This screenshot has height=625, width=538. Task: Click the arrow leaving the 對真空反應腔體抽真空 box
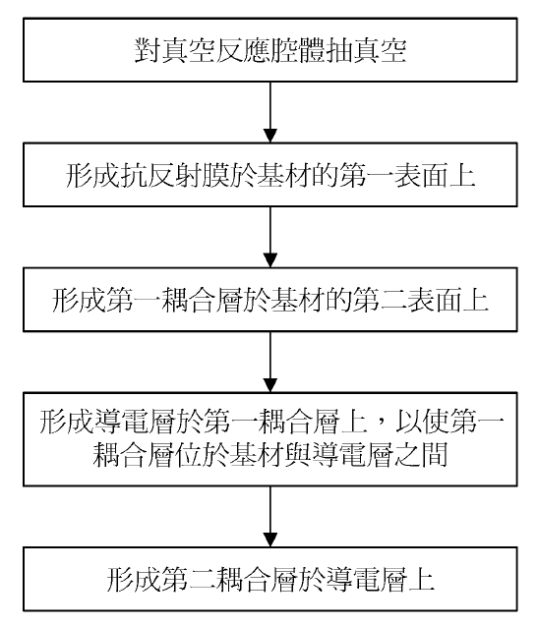(270, 112)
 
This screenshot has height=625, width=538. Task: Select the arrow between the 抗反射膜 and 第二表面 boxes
(270, 237)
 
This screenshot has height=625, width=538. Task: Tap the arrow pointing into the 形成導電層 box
(270, 362)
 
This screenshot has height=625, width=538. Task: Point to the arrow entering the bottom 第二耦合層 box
(270, 517)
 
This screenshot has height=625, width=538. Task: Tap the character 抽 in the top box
(337, 51)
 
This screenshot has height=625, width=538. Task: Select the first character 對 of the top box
(148, 51)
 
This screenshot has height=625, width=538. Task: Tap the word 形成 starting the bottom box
(134, 579)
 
